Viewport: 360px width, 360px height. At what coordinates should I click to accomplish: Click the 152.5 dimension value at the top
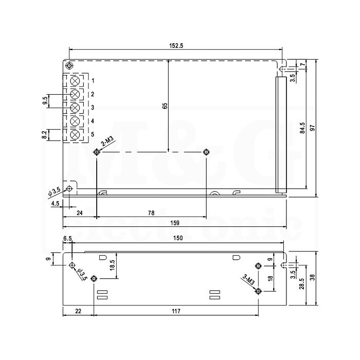pos(176,46)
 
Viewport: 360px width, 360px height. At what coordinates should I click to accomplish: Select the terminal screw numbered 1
pos(75,81)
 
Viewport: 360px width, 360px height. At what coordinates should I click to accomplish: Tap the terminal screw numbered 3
pos(75,107)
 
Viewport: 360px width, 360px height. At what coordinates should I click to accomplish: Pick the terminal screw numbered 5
pos(75,135)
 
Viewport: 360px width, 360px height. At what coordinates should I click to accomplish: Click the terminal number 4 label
pos(93,121)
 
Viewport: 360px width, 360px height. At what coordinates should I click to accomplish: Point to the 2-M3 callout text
pos(107,141)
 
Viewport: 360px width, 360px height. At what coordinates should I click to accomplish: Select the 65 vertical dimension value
pos(165,106)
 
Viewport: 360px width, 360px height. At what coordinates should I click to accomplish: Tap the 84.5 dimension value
pos(302,128)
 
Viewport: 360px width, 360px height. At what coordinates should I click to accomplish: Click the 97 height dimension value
pos(313,128)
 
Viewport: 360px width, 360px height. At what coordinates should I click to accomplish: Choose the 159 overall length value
pos(175,223)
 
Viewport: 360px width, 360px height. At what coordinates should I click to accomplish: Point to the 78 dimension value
pos(151,213)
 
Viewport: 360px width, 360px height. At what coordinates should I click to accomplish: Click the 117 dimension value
pos(176,311)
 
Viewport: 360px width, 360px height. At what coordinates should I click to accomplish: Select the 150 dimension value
pos(178,238)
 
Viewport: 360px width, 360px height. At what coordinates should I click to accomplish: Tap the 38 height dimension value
pos(313,278)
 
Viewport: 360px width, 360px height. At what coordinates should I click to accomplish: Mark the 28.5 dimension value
pos(302,284)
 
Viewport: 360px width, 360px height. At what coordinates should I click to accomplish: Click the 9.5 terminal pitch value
pos(45,101)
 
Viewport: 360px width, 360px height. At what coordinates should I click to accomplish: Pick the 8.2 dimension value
pos(44,134)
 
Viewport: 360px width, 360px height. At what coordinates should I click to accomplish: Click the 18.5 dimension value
pos(112,265)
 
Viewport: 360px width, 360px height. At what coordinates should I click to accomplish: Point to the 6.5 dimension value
pos(67,239)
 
